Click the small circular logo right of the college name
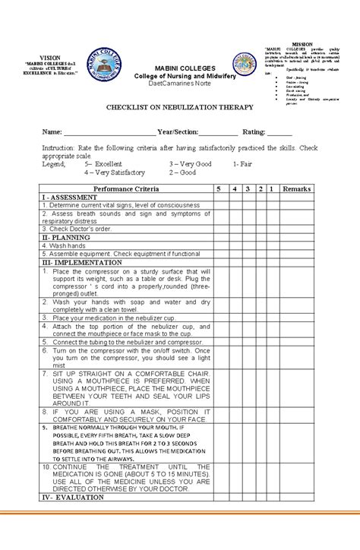[245, 65]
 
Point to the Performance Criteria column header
[126, 188]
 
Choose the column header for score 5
[219, 188]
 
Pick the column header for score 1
[271, 188]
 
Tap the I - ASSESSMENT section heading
[69, 196]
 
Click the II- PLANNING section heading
[66, 237]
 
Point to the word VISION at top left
[49, 57]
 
